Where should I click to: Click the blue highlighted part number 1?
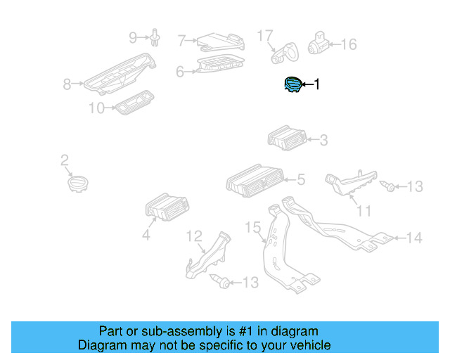[292, 85]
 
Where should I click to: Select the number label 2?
[64, 161]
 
